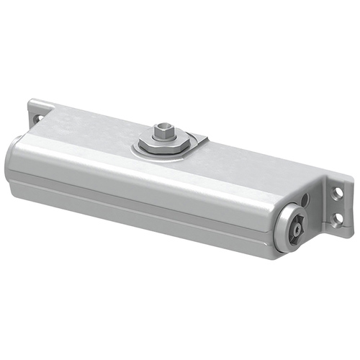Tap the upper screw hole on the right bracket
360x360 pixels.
coord(336,192)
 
